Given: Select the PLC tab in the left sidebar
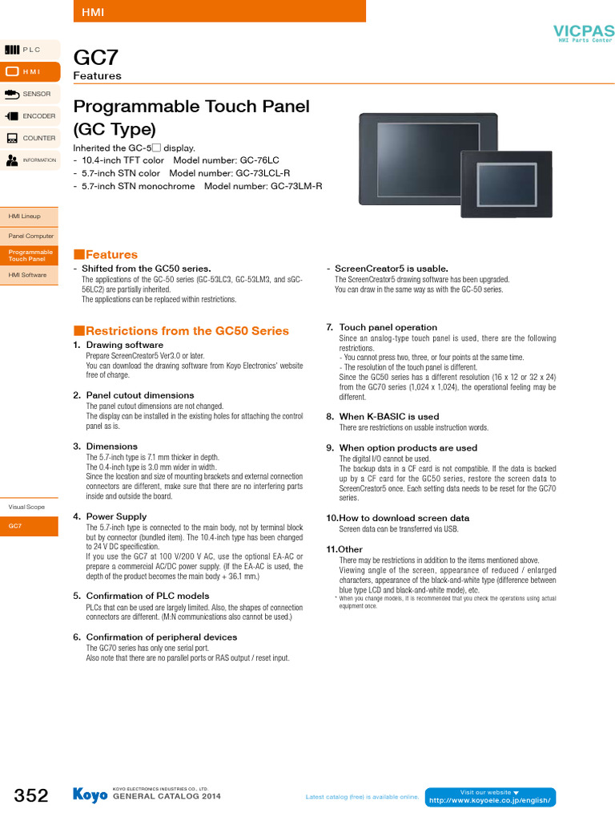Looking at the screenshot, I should (x=30, y=50).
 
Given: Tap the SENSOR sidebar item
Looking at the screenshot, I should (x=30, y=94).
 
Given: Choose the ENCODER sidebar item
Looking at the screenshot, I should (x=30, y=116).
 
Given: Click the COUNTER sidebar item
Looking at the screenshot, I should (x=30, y=138).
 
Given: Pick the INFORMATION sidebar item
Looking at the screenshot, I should (x=30, y=160).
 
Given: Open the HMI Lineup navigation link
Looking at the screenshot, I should (x=25, y=216).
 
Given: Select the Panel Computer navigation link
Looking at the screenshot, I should (x=30, y=236).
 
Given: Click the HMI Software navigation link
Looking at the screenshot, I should (x=27, y=275).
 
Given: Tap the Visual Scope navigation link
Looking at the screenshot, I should (x=26, y=507).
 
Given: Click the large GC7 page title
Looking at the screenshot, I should (x=96, y=58).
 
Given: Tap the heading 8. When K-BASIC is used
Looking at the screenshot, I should (x=383, y=417).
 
